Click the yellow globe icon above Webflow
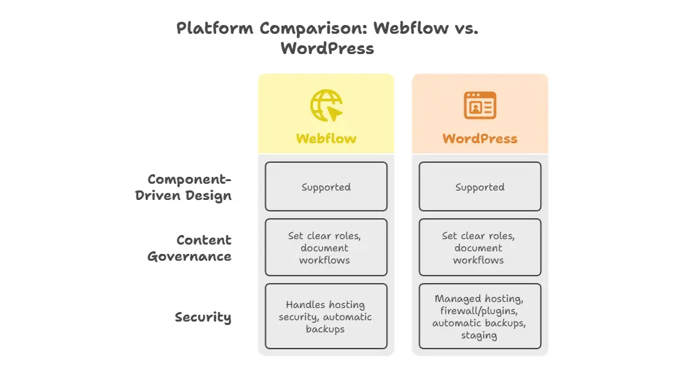point(326,105)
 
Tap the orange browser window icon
point(480,105)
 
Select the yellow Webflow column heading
point(326,138)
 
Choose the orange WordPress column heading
point(480,138)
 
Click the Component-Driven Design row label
point(190,187)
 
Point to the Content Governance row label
point(190,248)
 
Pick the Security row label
point(203,317)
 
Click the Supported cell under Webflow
point(326,186)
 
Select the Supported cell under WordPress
point(480,186)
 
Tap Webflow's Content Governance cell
point(326,247)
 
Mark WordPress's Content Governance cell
point(480,247)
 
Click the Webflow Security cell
point(326,316)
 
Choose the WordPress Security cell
point(480,316)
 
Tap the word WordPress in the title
point(327,49)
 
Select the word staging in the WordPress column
point(479,335)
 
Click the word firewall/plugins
point(480,311)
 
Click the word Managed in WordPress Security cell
point(458,298)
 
